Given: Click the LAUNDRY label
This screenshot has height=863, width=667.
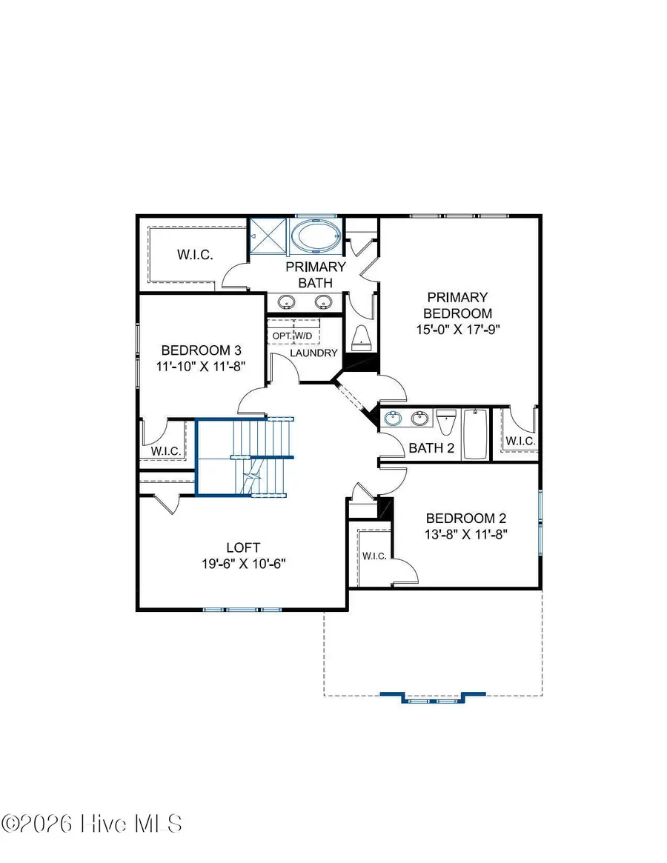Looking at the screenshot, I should [314, 353].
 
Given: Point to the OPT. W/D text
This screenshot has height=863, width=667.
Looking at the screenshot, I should [293, 336].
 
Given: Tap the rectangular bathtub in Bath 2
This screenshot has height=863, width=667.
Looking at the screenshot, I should [474, 434].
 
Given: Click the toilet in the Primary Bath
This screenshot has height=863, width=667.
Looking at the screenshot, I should [361, 338].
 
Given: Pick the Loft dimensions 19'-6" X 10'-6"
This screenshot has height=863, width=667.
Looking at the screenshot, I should [243, 563].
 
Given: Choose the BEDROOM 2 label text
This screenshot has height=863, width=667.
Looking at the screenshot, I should [465, 519].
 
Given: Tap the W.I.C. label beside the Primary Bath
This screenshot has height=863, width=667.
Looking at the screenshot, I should [195, 255].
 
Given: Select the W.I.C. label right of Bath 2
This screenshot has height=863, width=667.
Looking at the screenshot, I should [520, 442].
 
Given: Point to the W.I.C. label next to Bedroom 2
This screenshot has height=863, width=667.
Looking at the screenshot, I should [374, 556].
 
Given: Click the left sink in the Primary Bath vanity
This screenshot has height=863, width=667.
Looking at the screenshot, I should [286, 301].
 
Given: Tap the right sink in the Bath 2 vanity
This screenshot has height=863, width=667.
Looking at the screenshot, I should [420, 419].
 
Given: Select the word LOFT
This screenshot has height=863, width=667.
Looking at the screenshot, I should [243, 547].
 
